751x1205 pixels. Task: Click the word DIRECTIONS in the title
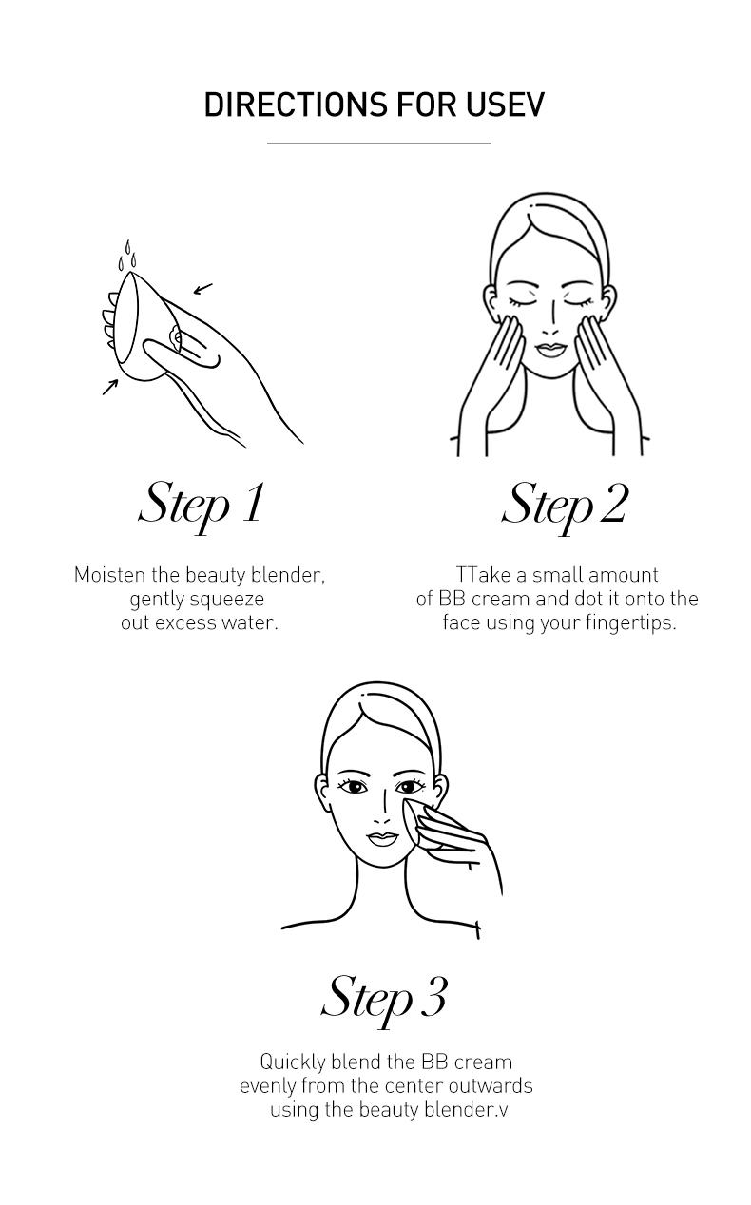click(x=296, y=105)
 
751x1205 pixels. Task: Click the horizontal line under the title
click(x=379, y=143)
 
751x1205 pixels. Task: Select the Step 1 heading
click(x=202, y=507)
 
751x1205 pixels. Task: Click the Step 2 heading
click(x=565, y=507)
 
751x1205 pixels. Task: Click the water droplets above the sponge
click(x=127, y=256)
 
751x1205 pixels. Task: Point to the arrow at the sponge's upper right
click(x=202, y=289)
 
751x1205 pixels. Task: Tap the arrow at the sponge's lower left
click(x=110, y=387)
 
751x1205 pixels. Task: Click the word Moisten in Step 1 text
click(x=109, y=575)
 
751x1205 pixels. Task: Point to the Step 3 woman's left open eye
click(x=354, y=787)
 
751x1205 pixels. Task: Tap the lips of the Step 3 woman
click(x=381, y=838)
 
